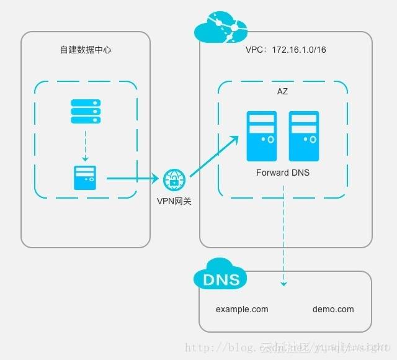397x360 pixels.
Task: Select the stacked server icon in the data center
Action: [x=85, y=111]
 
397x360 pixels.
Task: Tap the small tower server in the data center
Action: [x=85, y=178]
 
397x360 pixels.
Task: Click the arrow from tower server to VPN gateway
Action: [x=132, y=179]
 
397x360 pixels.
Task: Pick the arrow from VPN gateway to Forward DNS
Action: [x=214, y=158]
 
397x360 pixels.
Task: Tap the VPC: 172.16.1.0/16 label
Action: [x=285, y=50]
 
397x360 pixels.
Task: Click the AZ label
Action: [x=282, y=92]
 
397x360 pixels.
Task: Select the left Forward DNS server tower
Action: [x=261, y=136]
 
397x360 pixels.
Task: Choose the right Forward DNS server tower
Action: [x=303, y=136]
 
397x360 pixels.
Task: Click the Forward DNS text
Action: [x=282, y=173]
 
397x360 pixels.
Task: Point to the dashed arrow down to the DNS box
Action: [x=283, y=236]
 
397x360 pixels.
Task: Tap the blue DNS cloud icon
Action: [x=220, y=277]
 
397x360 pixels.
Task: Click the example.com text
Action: [x=242, y=309]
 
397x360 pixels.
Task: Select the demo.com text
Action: [x=333, y=309]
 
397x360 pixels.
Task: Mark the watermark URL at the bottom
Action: [x=285, y=348]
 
